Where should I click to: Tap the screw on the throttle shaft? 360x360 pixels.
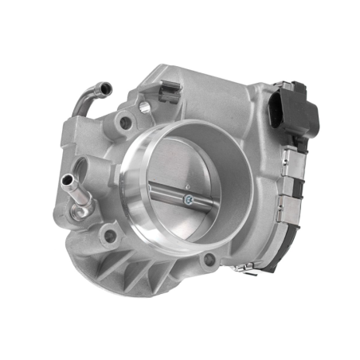pos(188,200)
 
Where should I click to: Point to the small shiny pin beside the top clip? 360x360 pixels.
pos(143,106)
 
